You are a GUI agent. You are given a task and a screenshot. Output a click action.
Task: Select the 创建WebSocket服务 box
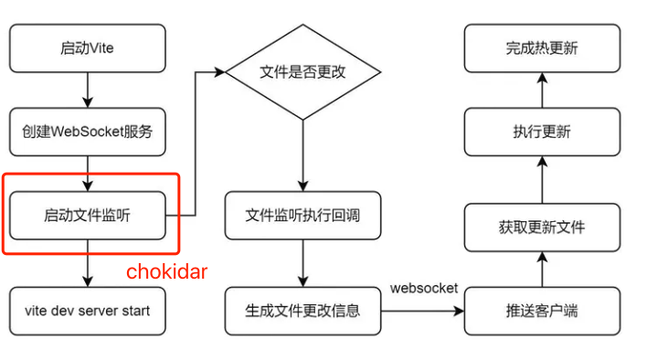[x=89, y=132]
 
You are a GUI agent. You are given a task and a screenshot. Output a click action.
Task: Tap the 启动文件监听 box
[x=89, y=215]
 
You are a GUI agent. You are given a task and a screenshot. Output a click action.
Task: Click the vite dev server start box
[x=89, y=310]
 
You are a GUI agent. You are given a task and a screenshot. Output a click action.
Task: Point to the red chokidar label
[x=167, y=271]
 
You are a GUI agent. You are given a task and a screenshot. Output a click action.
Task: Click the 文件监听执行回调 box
[x=302, y=215]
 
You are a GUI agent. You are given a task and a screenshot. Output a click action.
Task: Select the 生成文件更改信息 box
[x=302, y=310]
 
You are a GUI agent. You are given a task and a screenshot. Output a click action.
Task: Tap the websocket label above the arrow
[x=423, y=288]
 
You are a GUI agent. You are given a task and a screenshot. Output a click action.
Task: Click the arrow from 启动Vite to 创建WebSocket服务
[x=89, y=90]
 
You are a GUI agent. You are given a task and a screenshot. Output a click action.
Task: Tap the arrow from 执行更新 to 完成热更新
[x=541, y=90]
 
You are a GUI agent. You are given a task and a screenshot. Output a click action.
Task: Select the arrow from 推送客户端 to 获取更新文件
[x=541, y=269]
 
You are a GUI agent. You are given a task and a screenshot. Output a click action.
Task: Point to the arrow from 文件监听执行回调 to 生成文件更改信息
[x=302, y=263]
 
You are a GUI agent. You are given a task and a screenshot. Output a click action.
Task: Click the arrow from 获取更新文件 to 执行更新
[x=541, y=179]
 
